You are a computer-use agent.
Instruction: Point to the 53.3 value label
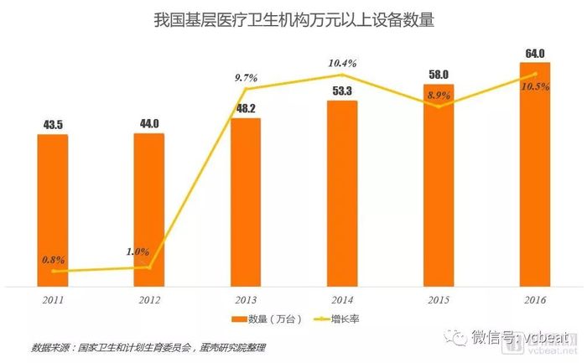click(342, 91)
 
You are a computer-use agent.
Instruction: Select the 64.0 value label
click(534, 52)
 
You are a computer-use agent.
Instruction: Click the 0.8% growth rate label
click(54, 260)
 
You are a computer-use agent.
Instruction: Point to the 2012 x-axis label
click(149, 298)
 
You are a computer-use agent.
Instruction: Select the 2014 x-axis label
click(342, 298)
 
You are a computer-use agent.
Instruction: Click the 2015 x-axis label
click(439, 298)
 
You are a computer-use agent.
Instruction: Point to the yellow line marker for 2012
click(149, 267)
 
